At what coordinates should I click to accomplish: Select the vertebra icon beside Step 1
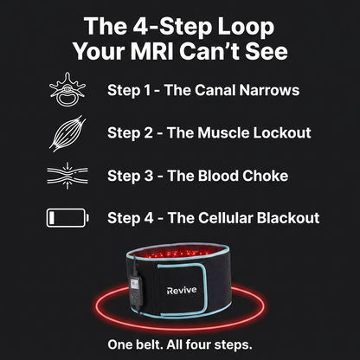(x=67, y=89)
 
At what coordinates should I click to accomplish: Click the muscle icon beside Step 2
(x=67, y=133)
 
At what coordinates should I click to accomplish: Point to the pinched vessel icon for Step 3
(x=67, y=176)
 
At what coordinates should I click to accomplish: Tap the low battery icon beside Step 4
(x=67, y=218)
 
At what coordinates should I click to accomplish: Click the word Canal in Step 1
(x=215, y=90)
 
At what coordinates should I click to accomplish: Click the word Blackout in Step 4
(x=288, y=218)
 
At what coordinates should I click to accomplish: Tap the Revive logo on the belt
(x=182, y=290)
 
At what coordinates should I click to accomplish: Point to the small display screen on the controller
(x=135, y=284)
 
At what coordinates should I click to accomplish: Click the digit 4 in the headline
(x=140, y=27)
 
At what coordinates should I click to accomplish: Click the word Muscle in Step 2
(x=223, y=133)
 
